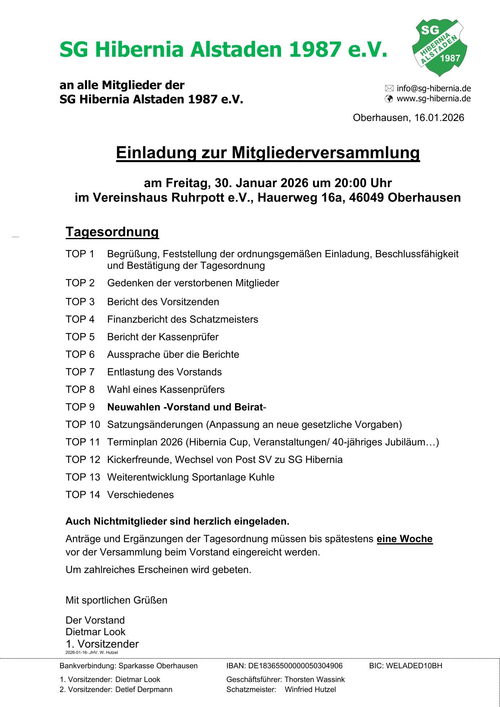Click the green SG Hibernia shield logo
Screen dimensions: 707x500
[x=439, y=47]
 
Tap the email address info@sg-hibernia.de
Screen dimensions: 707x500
[x=433, y=88]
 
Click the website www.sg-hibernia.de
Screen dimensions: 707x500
[x=433, y=99]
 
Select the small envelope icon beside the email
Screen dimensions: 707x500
[x=389, y=88]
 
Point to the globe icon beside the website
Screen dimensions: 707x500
[x=389, y=99]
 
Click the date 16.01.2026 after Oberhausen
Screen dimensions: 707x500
[x=439, y=118]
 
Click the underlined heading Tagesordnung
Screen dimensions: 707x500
[x=112, y=232]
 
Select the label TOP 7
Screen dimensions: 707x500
[x=80, y=372]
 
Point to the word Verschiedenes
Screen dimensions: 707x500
[x=140, y=495]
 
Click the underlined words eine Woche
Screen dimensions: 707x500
[x=404, y=539]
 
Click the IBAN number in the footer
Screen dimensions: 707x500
[x=295, y=666]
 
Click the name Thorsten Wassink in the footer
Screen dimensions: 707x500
[x=315, y=680]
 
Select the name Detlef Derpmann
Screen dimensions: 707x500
[x=144, y=690]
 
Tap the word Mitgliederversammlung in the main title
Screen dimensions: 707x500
[x=325, y=153]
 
